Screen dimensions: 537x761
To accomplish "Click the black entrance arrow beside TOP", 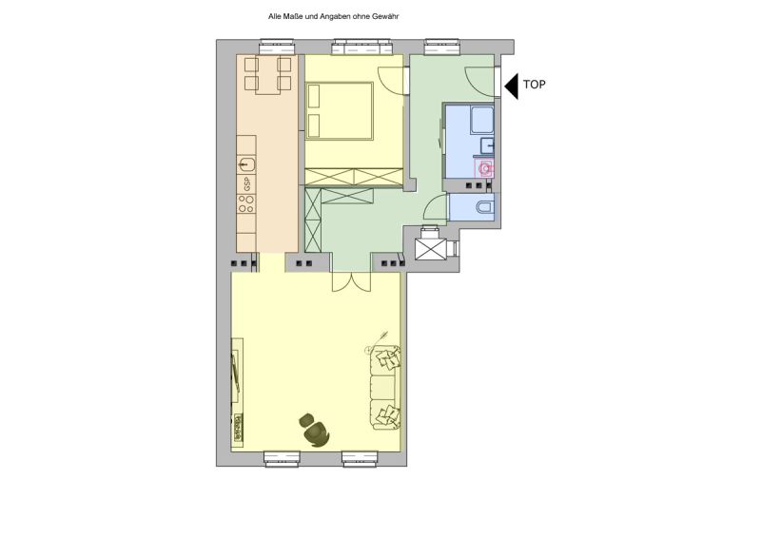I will coord(511,86).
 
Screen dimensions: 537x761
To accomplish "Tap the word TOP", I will coord(534,86).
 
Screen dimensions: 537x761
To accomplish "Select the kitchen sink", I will coord(246,147).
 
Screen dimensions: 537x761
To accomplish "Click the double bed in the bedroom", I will coord(339,110).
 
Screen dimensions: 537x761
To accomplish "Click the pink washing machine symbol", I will coord(485,169).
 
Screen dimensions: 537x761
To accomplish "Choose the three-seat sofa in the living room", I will coord(385,388).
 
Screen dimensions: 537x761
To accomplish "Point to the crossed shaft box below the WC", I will coord(433,249).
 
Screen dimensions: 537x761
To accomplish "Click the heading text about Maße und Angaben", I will coord(334,16).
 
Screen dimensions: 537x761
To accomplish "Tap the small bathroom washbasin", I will coord(487,145).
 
